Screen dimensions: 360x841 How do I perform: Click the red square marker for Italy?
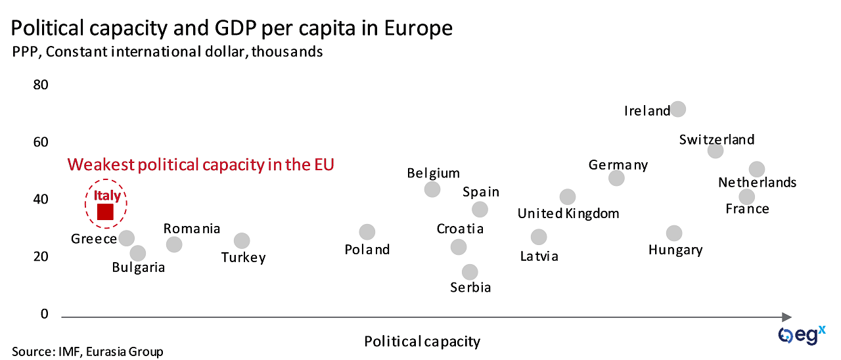click(x=106, y=212)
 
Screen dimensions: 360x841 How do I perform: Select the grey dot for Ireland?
click(x=678, y=109)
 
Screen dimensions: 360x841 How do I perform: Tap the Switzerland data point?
click(x=716, y=150)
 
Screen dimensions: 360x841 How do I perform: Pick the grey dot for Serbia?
click(x=470, y=272)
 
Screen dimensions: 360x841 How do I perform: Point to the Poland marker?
click(x=367, y=232)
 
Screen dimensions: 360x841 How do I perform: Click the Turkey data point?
click(x=242, y=240)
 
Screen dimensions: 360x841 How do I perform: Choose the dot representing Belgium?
click(x=432, y=189)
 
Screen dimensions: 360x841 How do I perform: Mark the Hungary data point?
click(x=674, y=233)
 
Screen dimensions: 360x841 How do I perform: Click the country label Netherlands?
click(x=757, y=183)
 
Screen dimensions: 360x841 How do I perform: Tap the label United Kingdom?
click(x=568, y=214)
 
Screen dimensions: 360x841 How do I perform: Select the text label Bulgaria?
click(x=138, y=267)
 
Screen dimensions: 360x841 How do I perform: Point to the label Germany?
click(x=618, y=165)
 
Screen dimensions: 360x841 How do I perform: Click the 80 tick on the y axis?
click(x=41, y=85)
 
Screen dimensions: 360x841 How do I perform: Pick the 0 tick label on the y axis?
click(x=45, y=314)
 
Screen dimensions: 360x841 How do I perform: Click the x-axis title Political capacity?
click(x=422, y=342)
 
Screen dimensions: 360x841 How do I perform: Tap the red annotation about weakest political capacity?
click(x=201, y=164)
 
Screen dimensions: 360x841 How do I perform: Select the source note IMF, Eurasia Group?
click(x=87, y=351)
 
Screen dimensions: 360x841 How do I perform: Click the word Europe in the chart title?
click(x=414, y=28)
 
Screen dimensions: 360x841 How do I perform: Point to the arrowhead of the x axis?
click(x=786, y=317)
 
